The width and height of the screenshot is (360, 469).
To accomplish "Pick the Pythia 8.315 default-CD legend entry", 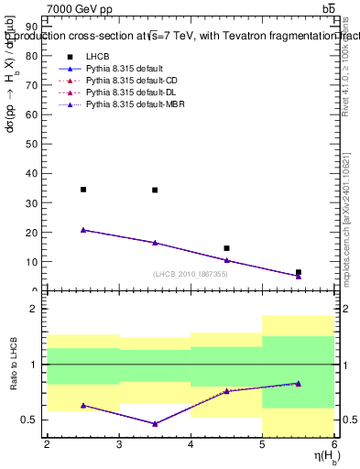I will click(x=129, y=82).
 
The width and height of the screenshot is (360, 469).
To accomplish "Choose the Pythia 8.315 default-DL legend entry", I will click(x=129, y=93).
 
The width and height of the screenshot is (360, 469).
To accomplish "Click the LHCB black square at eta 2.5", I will click(x=83, y=190).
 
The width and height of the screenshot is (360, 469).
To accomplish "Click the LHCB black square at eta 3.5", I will click(x=155, y=191).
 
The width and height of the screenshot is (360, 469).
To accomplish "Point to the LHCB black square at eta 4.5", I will click(x=226, y=248).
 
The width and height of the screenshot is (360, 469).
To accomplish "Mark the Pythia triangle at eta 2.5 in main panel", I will click(x=83, y=230).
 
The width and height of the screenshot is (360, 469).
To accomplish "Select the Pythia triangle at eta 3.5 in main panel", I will click(x=155, y=243).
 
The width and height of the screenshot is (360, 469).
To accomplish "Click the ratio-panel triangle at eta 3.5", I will click(x=155, y=424).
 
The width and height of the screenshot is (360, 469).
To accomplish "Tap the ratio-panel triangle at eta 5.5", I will click(x=298, y=384).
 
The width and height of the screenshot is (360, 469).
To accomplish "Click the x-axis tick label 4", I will click(x=191, y=444).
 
